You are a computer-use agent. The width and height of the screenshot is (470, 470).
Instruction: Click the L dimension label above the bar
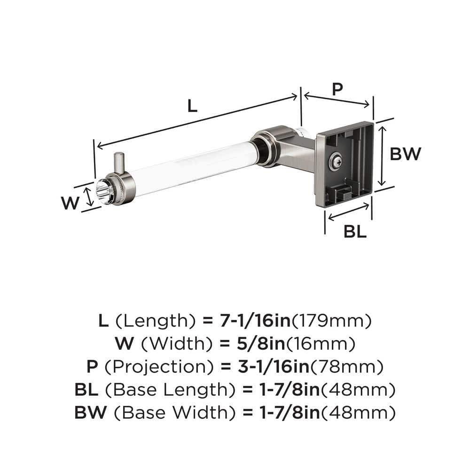(x=191, y=106)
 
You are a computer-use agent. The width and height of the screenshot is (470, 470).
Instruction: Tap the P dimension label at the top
(x=337, y=89)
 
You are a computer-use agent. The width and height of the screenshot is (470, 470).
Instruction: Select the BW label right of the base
(x=405, y=154)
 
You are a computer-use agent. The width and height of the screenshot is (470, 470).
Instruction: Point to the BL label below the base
(x=355, y=231)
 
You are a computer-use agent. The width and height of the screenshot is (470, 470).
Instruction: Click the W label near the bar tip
(x=69, y=203)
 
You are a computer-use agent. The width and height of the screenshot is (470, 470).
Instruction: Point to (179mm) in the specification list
(x=332, y=321)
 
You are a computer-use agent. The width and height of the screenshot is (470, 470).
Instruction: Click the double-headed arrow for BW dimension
(x=384, y=155)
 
